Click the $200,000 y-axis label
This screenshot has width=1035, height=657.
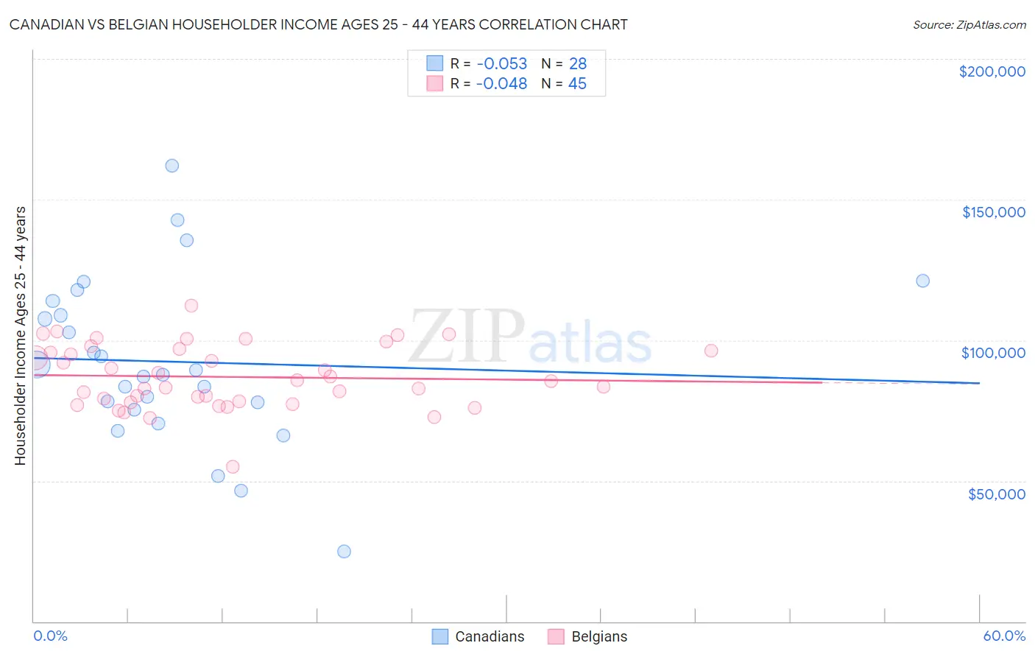(992, 71)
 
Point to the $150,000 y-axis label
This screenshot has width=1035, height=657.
(993, 212)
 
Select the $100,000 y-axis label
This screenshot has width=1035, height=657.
(993, 353)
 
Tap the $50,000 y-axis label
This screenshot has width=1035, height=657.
(996, 494)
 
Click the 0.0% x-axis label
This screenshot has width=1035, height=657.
(50, 636)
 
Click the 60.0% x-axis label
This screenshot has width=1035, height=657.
(1003, 636)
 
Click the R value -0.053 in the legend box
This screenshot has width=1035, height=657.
(501, 63)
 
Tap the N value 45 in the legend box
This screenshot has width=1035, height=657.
(577, 84)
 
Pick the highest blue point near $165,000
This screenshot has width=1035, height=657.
(172, 166)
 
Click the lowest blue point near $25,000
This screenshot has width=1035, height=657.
(344, 552)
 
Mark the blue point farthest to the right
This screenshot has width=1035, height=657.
(922, 281)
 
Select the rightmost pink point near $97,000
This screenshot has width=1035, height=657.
(711, 351)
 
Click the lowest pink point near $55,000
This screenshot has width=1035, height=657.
(233, 467)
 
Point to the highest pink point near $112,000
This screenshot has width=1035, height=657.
(191, 306)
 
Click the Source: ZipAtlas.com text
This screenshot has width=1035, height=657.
(969, 25)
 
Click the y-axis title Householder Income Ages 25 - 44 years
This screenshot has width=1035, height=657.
(21, 336)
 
